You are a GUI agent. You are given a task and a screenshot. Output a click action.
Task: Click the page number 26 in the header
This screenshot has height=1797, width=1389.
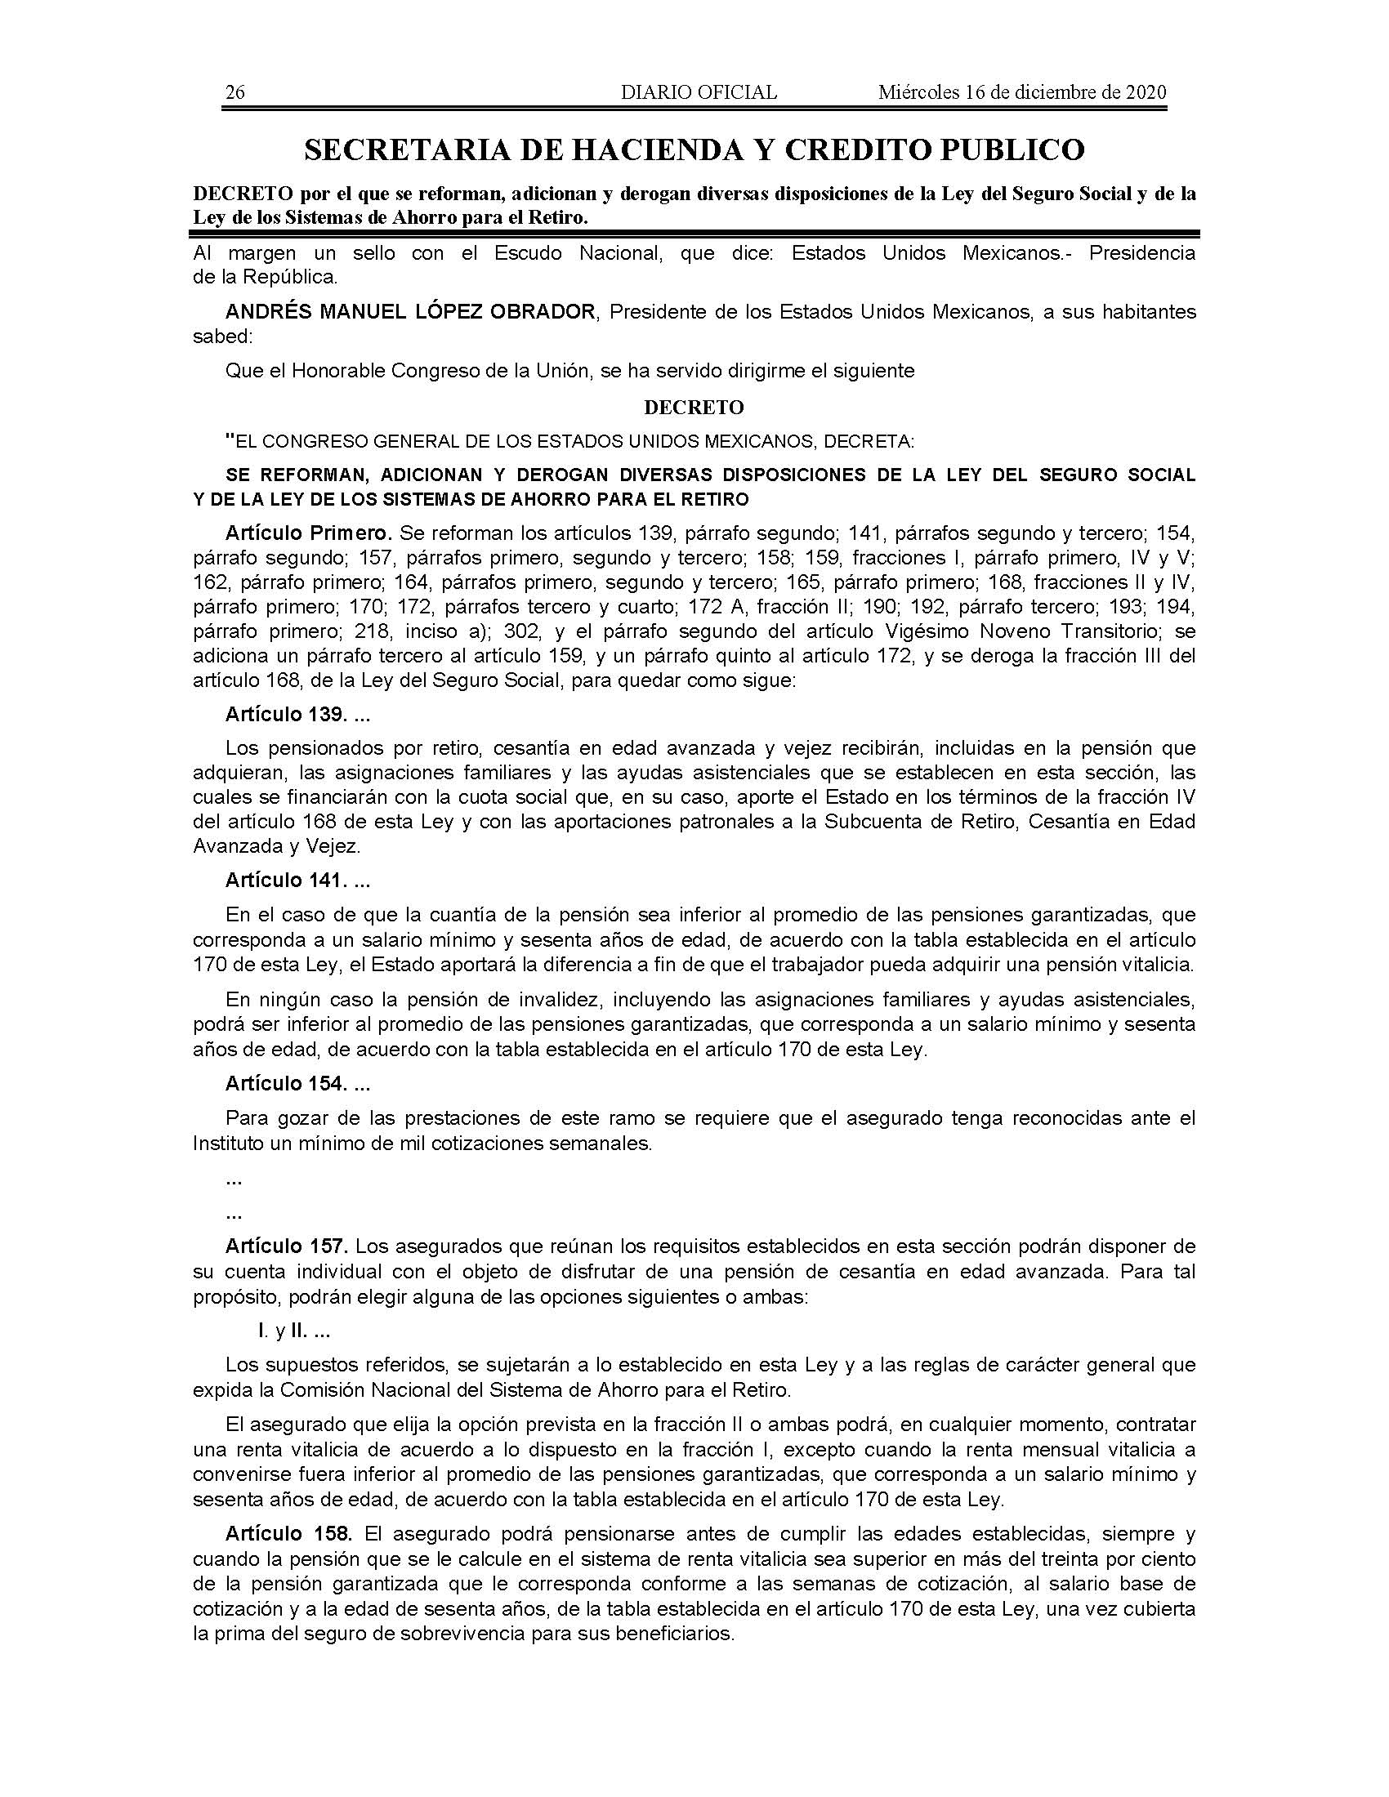point(234,92)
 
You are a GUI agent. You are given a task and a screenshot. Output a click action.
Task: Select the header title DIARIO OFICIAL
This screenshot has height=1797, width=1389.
point(699,92)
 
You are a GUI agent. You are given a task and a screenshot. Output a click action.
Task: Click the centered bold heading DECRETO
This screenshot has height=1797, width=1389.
point(694,408)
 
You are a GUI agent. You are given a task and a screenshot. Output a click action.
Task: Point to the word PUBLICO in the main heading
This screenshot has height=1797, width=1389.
point(1012,149)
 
